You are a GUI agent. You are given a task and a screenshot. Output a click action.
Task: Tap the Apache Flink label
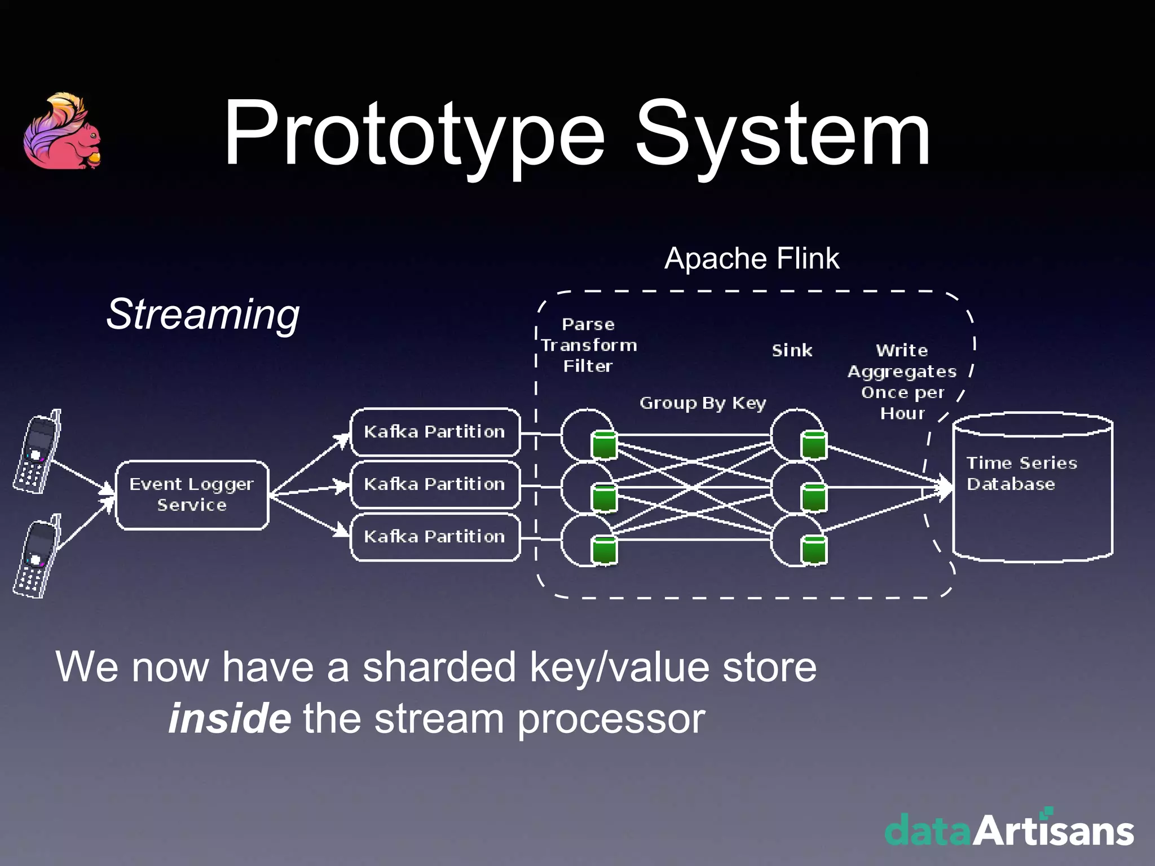click(751, 259)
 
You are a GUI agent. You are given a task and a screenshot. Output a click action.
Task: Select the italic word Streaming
click(203, 314)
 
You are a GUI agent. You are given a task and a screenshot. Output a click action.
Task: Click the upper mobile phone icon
click(37, 452)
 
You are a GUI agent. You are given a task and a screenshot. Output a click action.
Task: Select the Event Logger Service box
click(192, 494)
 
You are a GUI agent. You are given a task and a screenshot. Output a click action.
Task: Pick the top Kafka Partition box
click(435, 432)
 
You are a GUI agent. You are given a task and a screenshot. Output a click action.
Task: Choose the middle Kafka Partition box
click(435, 484)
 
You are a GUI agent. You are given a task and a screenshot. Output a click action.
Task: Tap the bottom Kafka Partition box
click(435, 537)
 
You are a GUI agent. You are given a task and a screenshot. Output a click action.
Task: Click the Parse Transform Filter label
click(588, 345)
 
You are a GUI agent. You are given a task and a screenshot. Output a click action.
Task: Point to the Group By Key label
click(703, 403)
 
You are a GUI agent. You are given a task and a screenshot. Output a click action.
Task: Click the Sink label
click(792, 351)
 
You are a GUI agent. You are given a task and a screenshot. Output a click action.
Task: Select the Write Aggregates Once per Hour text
click(902, 382)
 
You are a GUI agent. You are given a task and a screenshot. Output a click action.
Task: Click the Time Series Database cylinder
click(1032, 488)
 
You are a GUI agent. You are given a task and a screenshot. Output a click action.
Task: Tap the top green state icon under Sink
click(814, 445)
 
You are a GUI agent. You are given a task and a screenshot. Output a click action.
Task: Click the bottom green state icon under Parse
click(604, 550)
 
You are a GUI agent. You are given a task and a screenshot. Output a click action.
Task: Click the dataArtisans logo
click(1009, 829)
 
